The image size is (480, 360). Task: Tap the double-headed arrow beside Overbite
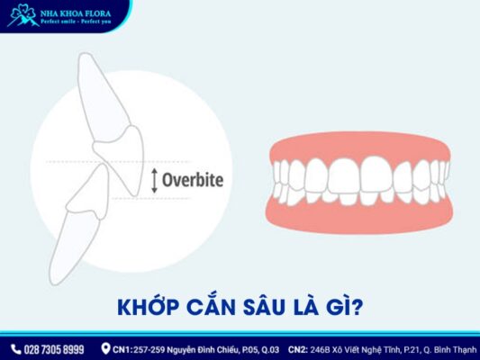pos(154,179)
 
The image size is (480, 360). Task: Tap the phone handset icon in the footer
pos(15,348)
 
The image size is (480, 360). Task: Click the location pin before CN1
pos(105,348)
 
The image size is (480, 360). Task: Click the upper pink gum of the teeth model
pos(360,148)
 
